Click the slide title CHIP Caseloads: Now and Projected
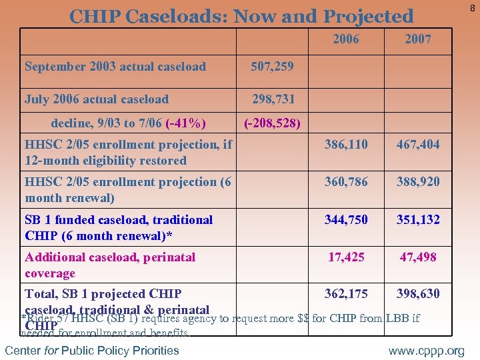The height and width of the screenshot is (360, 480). click(x=241, y=15)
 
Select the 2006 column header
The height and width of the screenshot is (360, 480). click(x=346, y=39)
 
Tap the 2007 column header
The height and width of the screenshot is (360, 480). click(x=418, y=39)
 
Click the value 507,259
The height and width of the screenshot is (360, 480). click(x=272, y=67)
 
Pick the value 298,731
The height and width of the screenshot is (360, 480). click(x=272, y=99)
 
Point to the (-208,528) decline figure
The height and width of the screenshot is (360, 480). click(x=273, y=123)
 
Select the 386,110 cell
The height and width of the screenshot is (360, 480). click(x=346, y=145)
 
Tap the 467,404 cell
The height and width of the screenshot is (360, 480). click(x=418, y=145)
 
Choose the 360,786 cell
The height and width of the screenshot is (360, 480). click(x=346, y=182)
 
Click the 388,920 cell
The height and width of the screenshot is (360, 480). click(x=418, y=182)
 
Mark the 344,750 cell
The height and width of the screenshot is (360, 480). click(x=346, y=219)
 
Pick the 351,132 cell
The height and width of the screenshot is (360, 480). click(x=418, y=219)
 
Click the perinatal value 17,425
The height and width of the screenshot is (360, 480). click(x=346, y=257)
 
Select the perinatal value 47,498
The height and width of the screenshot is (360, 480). click(x=418, y=257)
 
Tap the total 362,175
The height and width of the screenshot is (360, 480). click(x=346, y=294)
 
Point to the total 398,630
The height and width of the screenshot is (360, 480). click(x=418, y=294)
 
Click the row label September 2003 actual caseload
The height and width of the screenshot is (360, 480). click(x=115, y=67)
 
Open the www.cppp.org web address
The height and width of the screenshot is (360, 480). click(x=427, y=351)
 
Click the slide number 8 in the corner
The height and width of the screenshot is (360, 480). click(x=472, y=7)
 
